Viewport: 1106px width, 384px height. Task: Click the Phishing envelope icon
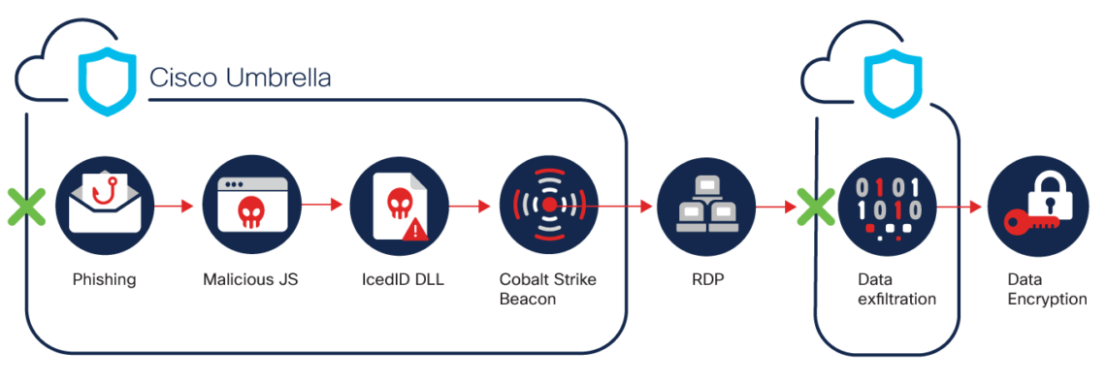104,207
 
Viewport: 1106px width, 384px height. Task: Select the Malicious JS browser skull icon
251,206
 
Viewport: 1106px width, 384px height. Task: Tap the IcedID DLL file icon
399,206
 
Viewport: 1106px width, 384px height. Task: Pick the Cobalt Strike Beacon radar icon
548,206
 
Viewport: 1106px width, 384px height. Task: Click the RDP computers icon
705,206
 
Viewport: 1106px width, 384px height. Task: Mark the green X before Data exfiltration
815,207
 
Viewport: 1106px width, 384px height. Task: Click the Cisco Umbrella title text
240,79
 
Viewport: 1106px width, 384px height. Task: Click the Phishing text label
104,280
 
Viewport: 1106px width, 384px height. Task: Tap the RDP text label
705,280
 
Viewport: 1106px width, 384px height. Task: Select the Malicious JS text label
250,280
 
